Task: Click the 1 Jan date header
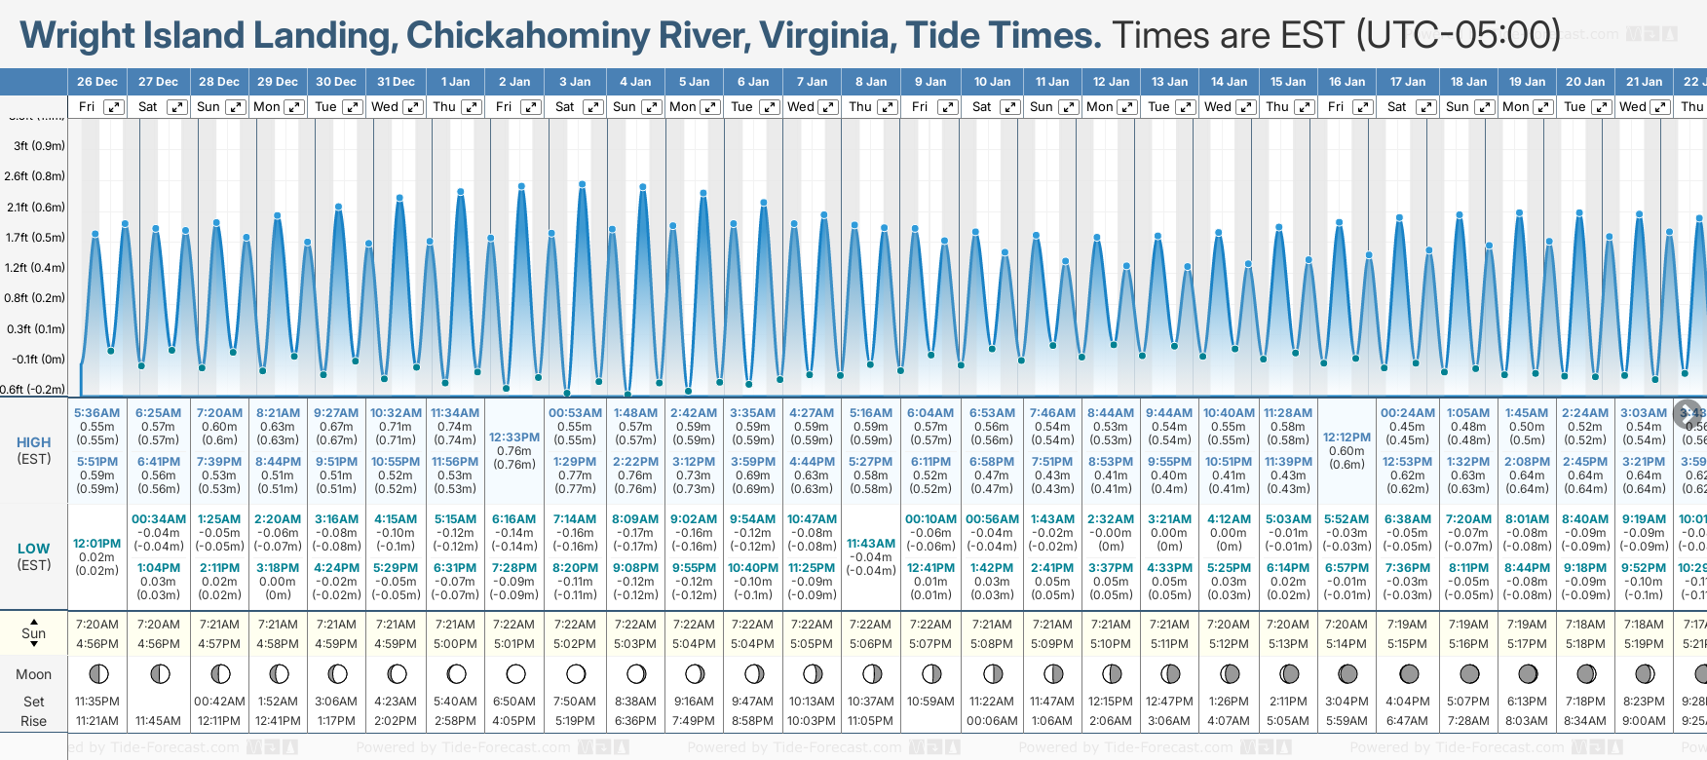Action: point(455,82)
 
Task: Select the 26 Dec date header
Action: point(96,82)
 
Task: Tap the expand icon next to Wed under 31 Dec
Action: point(413,107)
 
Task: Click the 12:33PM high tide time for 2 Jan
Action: point(513,437)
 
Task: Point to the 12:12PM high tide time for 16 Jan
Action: point(1347,437)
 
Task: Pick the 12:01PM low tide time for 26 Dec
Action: point(96,544)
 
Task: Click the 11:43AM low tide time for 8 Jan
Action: point(870,544)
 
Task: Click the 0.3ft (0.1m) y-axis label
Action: point(35,328)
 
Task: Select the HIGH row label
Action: point(34,442)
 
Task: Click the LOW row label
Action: point(34,550)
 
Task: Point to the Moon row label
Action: point(34,674)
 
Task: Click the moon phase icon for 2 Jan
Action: point(515,673)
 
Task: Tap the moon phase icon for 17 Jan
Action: point(1408,673)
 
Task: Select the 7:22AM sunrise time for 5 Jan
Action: point(694,625)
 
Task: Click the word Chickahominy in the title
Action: point(527,36)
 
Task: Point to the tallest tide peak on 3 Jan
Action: point(583,183)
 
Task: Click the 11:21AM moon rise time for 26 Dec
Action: point(96,721)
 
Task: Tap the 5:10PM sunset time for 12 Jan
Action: point(1110,644)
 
